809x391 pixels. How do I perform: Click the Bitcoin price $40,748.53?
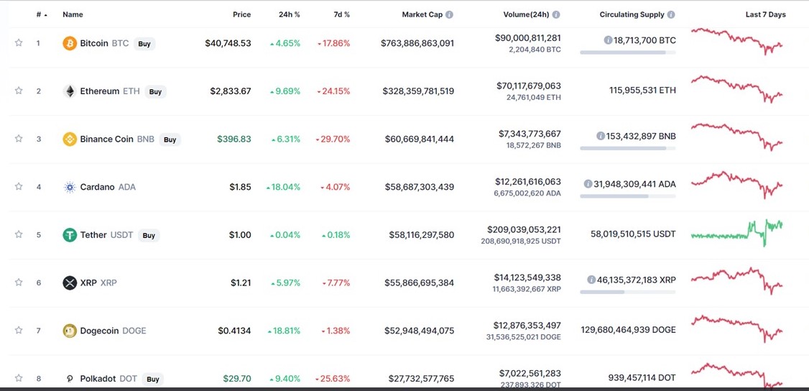pos(228,43)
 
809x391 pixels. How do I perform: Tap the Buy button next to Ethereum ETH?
pos(155,91)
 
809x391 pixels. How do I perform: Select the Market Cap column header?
pos(422,14)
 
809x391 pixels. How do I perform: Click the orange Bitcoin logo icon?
pos(70,43)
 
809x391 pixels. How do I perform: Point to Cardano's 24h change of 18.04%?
pos(285,187)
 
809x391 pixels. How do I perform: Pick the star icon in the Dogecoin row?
pos(19,331)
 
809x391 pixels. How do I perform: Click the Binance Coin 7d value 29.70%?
pos(333,139)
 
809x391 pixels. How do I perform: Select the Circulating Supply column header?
pos(632,14)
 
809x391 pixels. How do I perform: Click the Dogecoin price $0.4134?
pos(235,331)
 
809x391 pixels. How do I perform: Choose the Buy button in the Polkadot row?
pos(152,379)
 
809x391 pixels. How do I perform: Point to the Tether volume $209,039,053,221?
pos(524,229)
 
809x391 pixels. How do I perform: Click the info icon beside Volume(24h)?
pos(556,14)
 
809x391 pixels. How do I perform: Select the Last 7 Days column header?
pos(765,14)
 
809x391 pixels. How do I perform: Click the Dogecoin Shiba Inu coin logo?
pos(70,331)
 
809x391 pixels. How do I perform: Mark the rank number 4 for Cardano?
pos(39,187)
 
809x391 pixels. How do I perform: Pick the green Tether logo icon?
pos(70,235)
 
